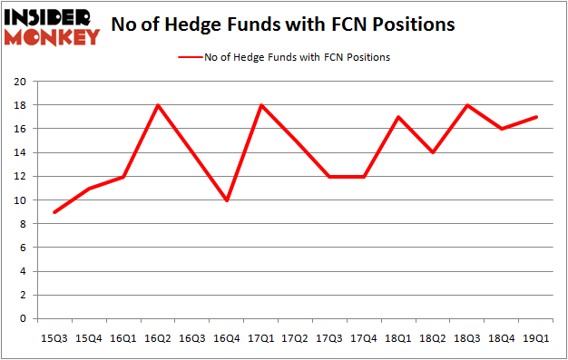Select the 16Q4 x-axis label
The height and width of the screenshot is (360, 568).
(227, 337)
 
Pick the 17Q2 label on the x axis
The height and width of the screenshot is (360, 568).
(296, 337)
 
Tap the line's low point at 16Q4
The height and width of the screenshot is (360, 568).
(228, 200)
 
